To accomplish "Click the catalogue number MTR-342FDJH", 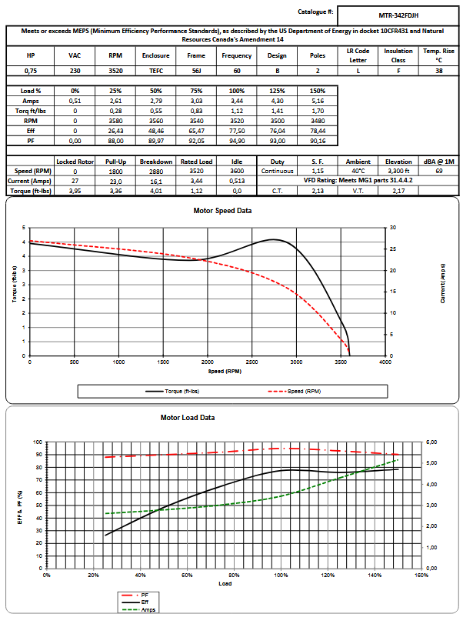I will [398, 14].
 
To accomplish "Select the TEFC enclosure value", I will [156, 70].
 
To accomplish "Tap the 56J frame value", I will [196, 70].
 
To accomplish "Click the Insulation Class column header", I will [398, 55].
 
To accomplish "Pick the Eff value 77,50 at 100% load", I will [237, 131].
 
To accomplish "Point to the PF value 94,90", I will [237, 141].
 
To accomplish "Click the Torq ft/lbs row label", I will [31, 111].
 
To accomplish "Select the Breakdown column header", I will [155, 162].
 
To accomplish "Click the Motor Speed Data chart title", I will [222, 210].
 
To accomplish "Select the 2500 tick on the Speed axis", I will [251, 362].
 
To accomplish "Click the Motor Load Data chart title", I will [187, 418].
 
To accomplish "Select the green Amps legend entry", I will [144, 609].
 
